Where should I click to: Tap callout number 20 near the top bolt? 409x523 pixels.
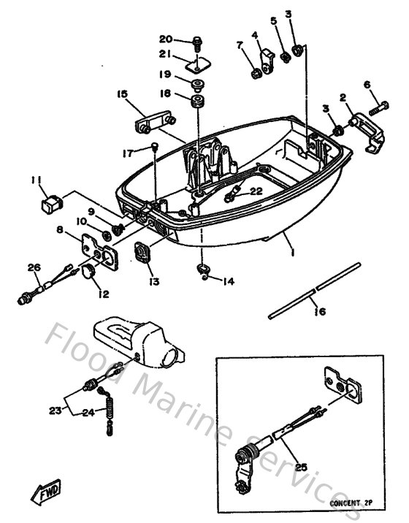pyautogui.click(x=166, y=39)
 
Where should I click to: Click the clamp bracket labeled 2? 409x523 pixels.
pyautogui.click(x=362, y=131)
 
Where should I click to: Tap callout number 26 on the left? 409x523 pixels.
pyautogui.click(x=33, y=267)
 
